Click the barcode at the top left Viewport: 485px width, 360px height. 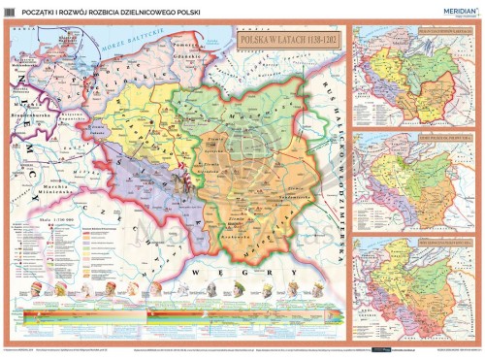click(x=9, y=11)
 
